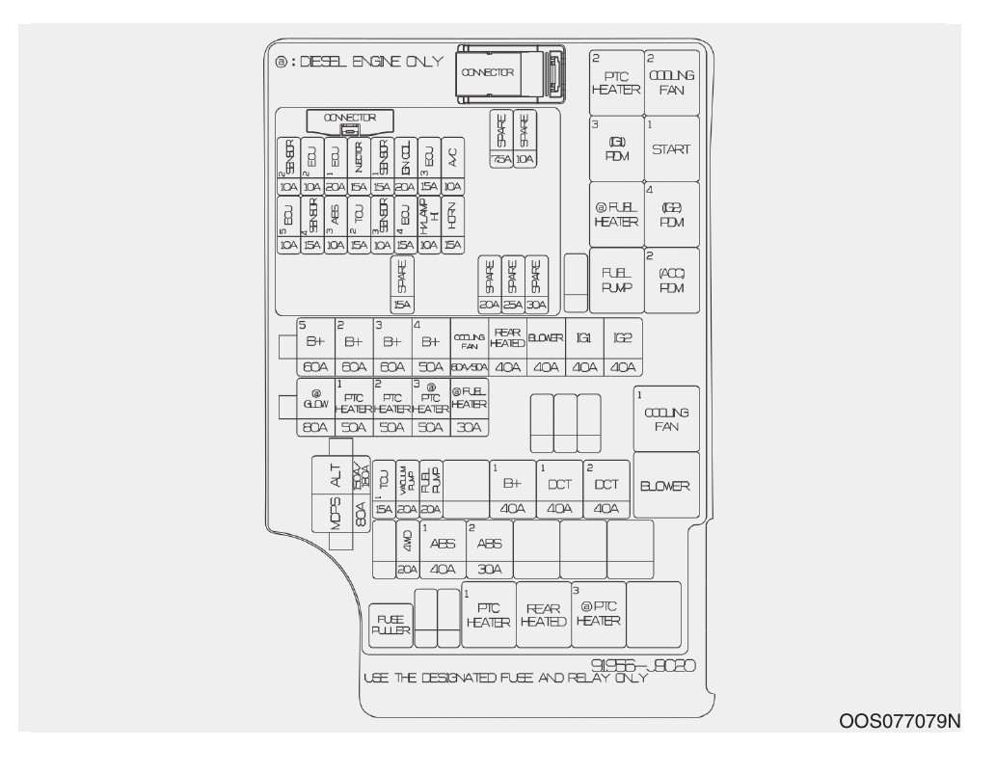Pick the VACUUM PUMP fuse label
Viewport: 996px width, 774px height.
tap(408, 477)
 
